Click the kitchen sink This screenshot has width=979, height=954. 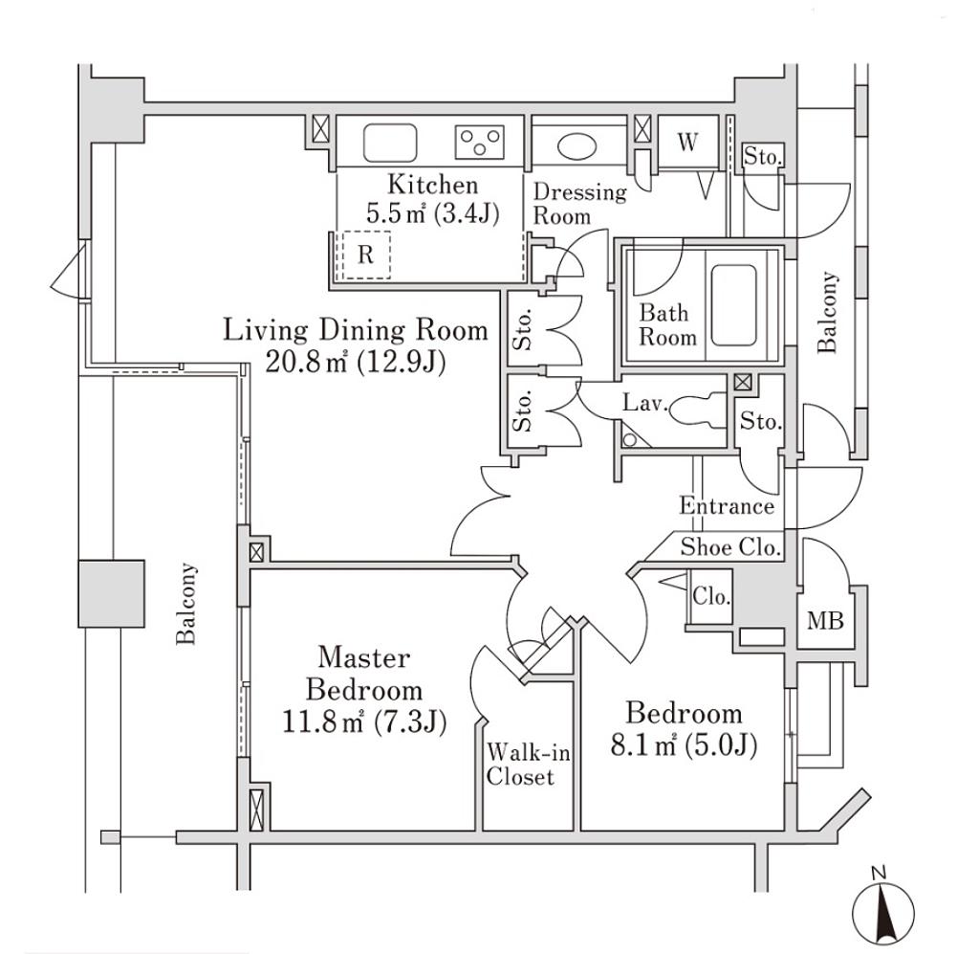(391, 144)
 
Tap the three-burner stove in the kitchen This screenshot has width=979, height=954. (481, 144)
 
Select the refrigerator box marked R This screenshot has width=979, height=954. (366, 255)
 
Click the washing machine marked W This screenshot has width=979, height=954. (687, 143)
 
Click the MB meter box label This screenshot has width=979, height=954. (825, 621)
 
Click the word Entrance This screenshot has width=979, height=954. (727, 506)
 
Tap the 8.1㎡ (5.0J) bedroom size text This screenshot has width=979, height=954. (684, 743)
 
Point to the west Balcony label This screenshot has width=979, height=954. (187, 604)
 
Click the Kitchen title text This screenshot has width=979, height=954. (431, 185)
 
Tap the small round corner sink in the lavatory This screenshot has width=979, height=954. (629, 438)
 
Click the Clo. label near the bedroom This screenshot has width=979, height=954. (711, 597)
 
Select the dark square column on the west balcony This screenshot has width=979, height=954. (111, 593)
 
